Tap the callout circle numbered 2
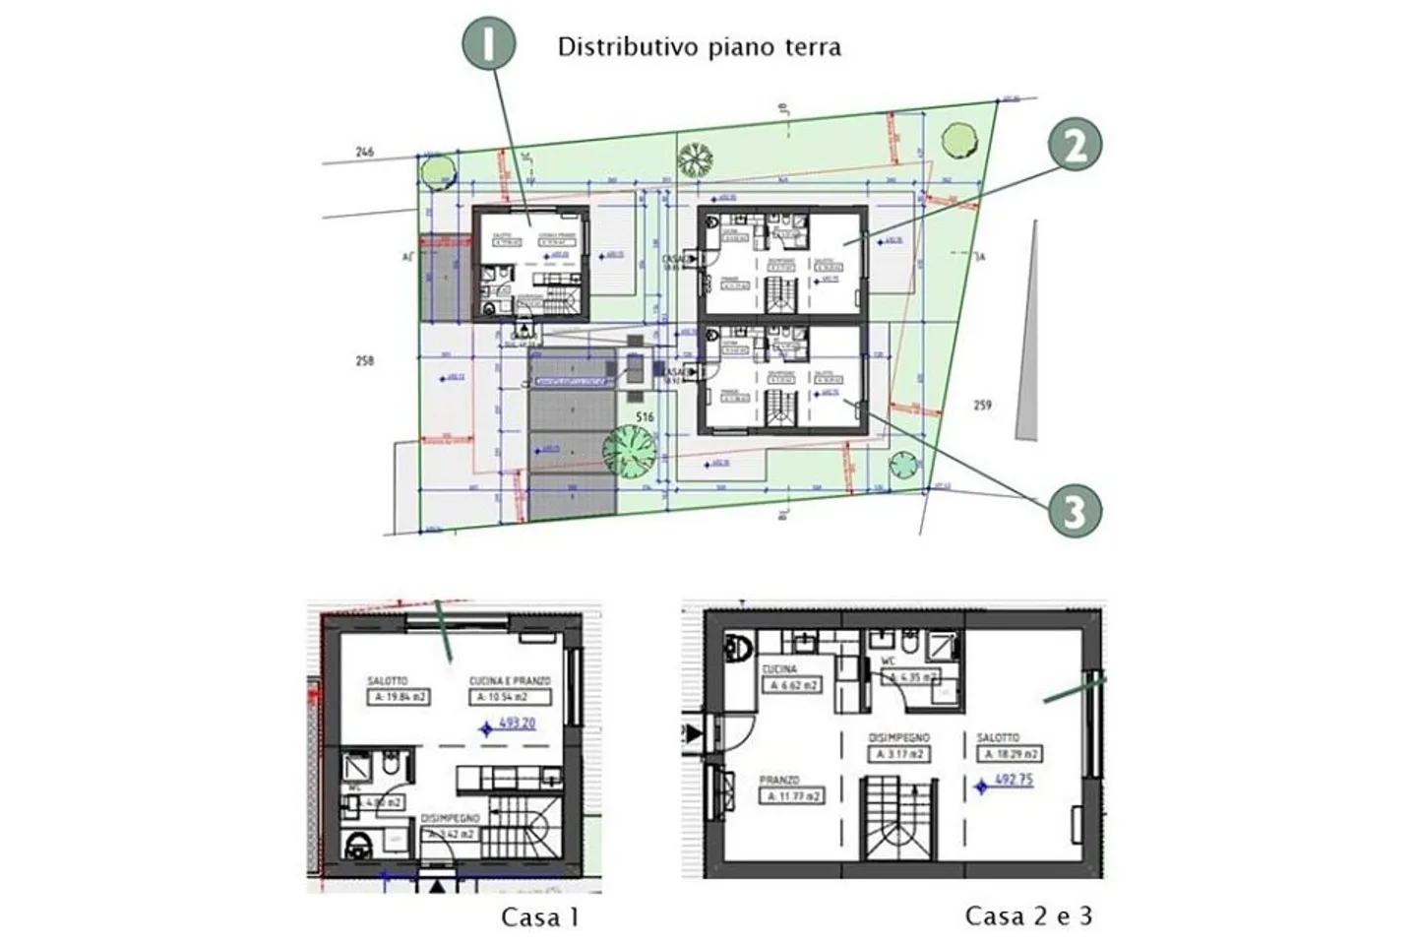coord(1074,147)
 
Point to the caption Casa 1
coord(540,917)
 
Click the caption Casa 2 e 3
coord(1028,916)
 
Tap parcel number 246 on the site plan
coord(365,152)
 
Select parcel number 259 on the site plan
coord(981,405)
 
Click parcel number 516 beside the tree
coord(645,417)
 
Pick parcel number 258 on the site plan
coord(365,361)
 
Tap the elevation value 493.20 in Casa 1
coord(517,724)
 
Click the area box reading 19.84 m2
coord(399,697)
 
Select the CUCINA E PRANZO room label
coord(509,681)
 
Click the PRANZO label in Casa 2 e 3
coord(779,780)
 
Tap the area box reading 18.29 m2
coord(1009,754)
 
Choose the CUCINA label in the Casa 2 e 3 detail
coord(779,669)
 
